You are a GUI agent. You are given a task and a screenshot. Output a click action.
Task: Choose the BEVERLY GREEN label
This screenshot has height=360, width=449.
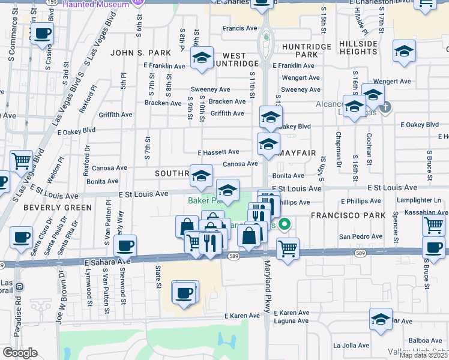point(58,208)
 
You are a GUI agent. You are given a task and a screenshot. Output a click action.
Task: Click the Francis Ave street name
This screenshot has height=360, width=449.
point(240,28)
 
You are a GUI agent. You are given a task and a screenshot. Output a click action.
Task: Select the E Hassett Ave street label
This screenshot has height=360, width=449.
point(217,152)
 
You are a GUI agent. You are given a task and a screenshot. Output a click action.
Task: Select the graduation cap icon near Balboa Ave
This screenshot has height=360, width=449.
point(381,319)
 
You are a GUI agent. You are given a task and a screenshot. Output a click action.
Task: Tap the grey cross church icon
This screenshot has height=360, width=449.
point(385,107)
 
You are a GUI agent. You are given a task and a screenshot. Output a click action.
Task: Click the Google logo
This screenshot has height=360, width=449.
point(20,353)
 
